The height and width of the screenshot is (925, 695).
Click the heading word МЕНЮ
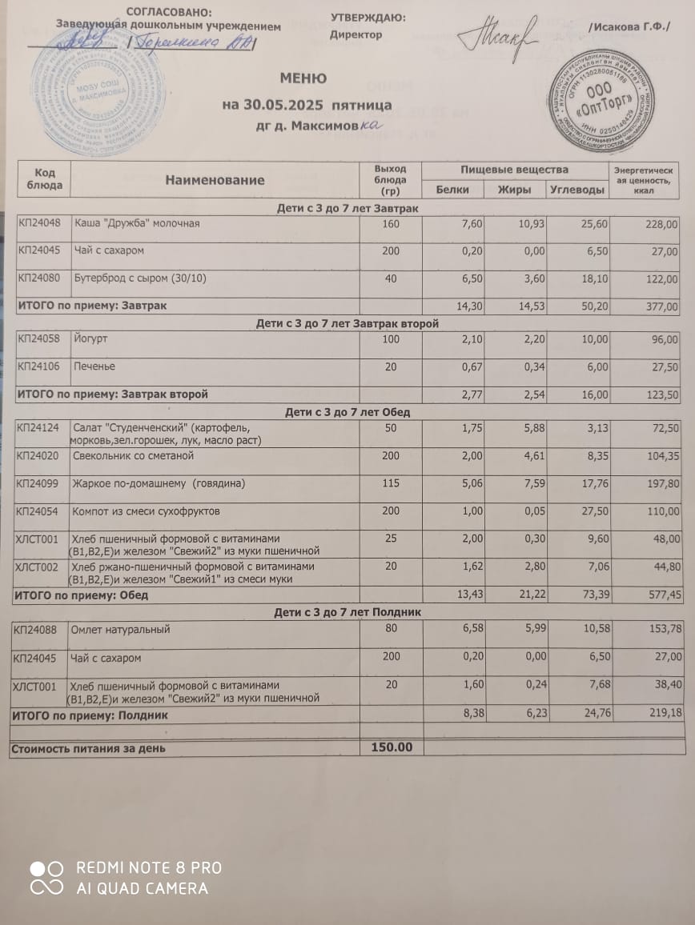303,78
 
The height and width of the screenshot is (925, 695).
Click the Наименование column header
215,180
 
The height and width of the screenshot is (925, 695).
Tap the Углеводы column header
576,190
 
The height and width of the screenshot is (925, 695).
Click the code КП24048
39,224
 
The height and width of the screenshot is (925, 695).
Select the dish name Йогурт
90,339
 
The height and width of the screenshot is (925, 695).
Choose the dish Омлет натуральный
120,630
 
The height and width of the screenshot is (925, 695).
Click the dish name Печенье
94,366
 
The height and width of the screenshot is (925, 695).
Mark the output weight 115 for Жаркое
390,483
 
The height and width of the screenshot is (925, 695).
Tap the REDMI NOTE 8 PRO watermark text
149,867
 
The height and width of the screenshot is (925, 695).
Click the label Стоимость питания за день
88,748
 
